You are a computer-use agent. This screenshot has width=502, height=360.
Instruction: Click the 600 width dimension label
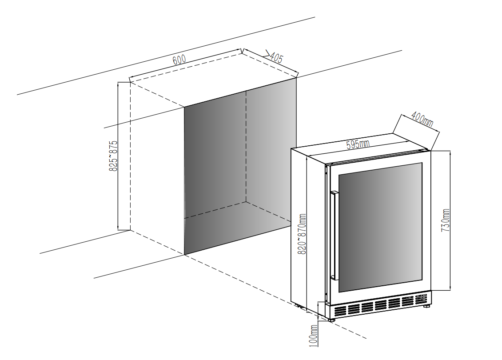tap(179, 60)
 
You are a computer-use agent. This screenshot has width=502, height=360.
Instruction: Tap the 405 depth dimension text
tap(276, 57)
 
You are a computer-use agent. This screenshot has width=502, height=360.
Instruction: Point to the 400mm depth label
tap(422, 119)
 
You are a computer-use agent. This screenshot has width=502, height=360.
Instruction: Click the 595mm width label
tap(358, 144)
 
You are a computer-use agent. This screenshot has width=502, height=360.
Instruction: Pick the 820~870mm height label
tap(302, 233)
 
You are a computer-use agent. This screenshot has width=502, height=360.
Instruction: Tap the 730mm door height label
tap(446, 220)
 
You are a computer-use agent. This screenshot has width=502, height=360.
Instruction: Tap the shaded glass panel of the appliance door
tap(380, 228)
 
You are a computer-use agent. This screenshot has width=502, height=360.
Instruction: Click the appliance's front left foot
tap(331, 319)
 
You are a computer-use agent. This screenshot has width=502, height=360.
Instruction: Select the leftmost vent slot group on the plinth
tap(340, 309)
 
